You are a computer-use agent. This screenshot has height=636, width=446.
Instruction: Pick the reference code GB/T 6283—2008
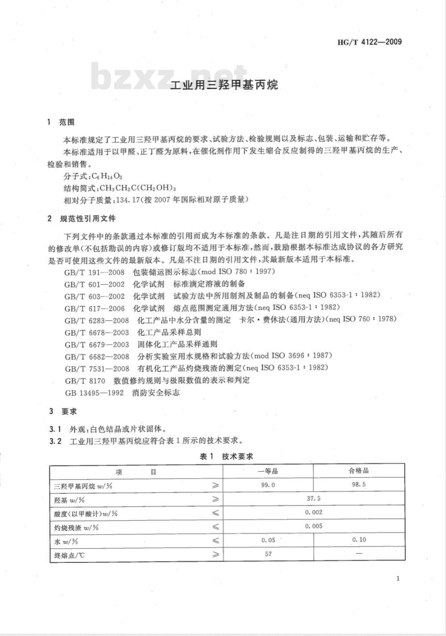pyautogui.click(x=96, y=320)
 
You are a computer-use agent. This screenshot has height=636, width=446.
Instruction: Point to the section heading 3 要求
pyautogui.click(x=63, y=411)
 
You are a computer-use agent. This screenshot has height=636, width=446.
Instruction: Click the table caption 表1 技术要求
pyautogui.click(x=226, y=456)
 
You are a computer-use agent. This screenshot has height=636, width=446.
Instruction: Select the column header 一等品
pyautogui.click(x=268, y=471)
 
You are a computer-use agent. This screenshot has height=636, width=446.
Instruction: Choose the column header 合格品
pyautogui.click(x=359, y=471)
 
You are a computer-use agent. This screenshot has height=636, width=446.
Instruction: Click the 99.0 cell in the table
pyautogui.click(x=268, y=485)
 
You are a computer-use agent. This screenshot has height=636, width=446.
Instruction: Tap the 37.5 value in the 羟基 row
pyautogui.click(x=314, y=499)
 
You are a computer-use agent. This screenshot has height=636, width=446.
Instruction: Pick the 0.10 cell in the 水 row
pyautogui.click(x=359, y=540)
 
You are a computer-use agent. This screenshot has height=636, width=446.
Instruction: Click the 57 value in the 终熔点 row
pyautogui.click(x=268, y=554)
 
